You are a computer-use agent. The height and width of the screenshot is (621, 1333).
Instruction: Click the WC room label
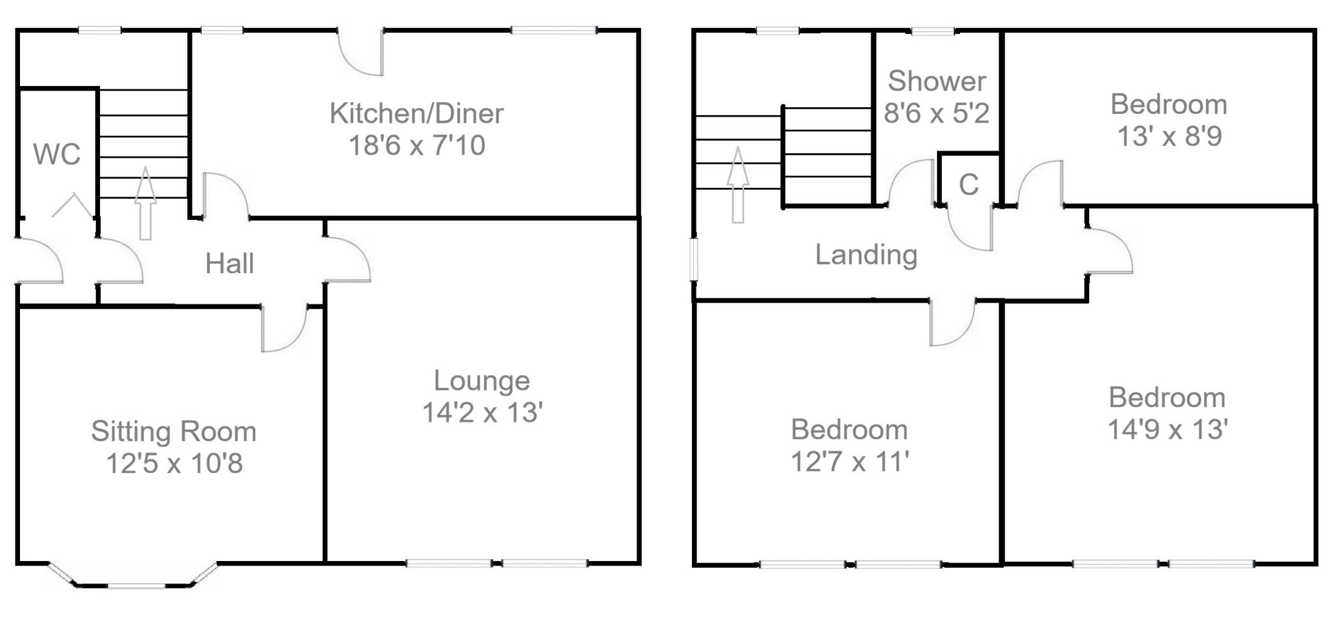coord(57,155)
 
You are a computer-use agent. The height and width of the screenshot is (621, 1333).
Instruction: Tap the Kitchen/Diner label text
coord(416,113)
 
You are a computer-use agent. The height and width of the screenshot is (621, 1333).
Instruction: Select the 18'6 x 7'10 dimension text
coord(417,145)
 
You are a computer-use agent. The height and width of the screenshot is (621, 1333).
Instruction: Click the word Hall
coord(229,264)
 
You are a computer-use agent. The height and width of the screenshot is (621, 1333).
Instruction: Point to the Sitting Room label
coord(173,431)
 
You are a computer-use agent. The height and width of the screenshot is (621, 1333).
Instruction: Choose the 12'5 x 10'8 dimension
coord(174,463)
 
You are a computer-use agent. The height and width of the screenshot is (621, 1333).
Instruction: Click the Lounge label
coord(482,380)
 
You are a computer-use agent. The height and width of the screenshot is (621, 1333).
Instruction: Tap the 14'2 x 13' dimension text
coord(482,412)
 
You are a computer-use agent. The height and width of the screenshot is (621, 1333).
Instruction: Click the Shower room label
coord(936,81)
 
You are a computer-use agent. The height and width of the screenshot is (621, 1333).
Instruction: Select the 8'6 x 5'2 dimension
coord(936,113)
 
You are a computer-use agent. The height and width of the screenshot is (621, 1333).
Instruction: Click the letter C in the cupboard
coord(968,185)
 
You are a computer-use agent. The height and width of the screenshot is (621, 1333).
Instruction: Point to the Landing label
coord(866,255)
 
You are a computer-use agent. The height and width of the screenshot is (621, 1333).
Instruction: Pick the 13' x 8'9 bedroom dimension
coord(1169,137)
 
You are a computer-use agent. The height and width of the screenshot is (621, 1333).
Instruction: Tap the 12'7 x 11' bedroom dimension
coord(850,462)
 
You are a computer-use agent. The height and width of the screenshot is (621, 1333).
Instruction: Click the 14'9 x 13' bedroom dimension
coord(1167,429)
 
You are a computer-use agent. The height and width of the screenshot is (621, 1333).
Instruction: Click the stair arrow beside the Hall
coord(145,203)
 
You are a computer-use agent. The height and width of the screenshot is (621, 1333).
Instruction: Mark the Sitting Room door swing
coord(283,329)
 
